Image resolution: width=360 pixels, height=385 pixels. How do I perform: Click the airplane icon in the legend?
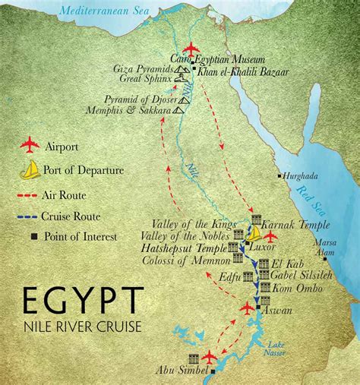tap(31, 144)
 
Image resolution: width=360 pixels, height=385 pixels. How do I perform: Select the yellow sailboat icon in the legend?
tap(31, 170)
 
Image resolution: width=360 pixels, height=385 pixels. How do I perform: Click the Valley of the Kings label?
tap(195, 225)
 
